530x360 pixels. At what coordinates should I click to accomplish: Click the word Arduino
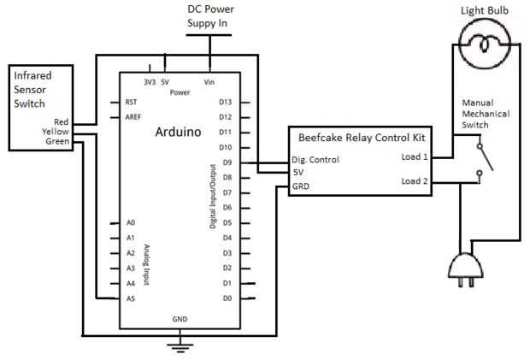178,133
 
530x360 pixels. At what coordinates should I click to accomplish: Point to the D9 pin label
226,162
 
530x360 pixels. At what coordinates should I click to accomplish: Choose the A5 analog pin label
130,298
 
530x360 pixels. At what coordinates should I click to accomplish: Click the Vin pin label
209,82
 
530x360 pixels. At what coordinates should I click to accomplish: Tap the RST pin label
131,101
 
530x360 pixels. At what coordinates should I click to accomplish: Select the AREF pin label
132,116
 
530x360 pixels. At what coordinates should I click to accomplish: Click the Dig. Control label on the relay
315,159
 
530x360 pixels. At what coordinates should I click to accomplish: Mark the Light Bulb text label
485,9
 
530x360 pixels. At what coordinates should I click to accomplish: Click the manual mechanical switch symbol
484,162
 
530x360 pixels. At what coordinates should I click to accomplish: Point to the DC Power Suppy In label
210,15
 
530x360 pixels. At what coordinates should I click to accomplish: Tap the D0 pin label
226,298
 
